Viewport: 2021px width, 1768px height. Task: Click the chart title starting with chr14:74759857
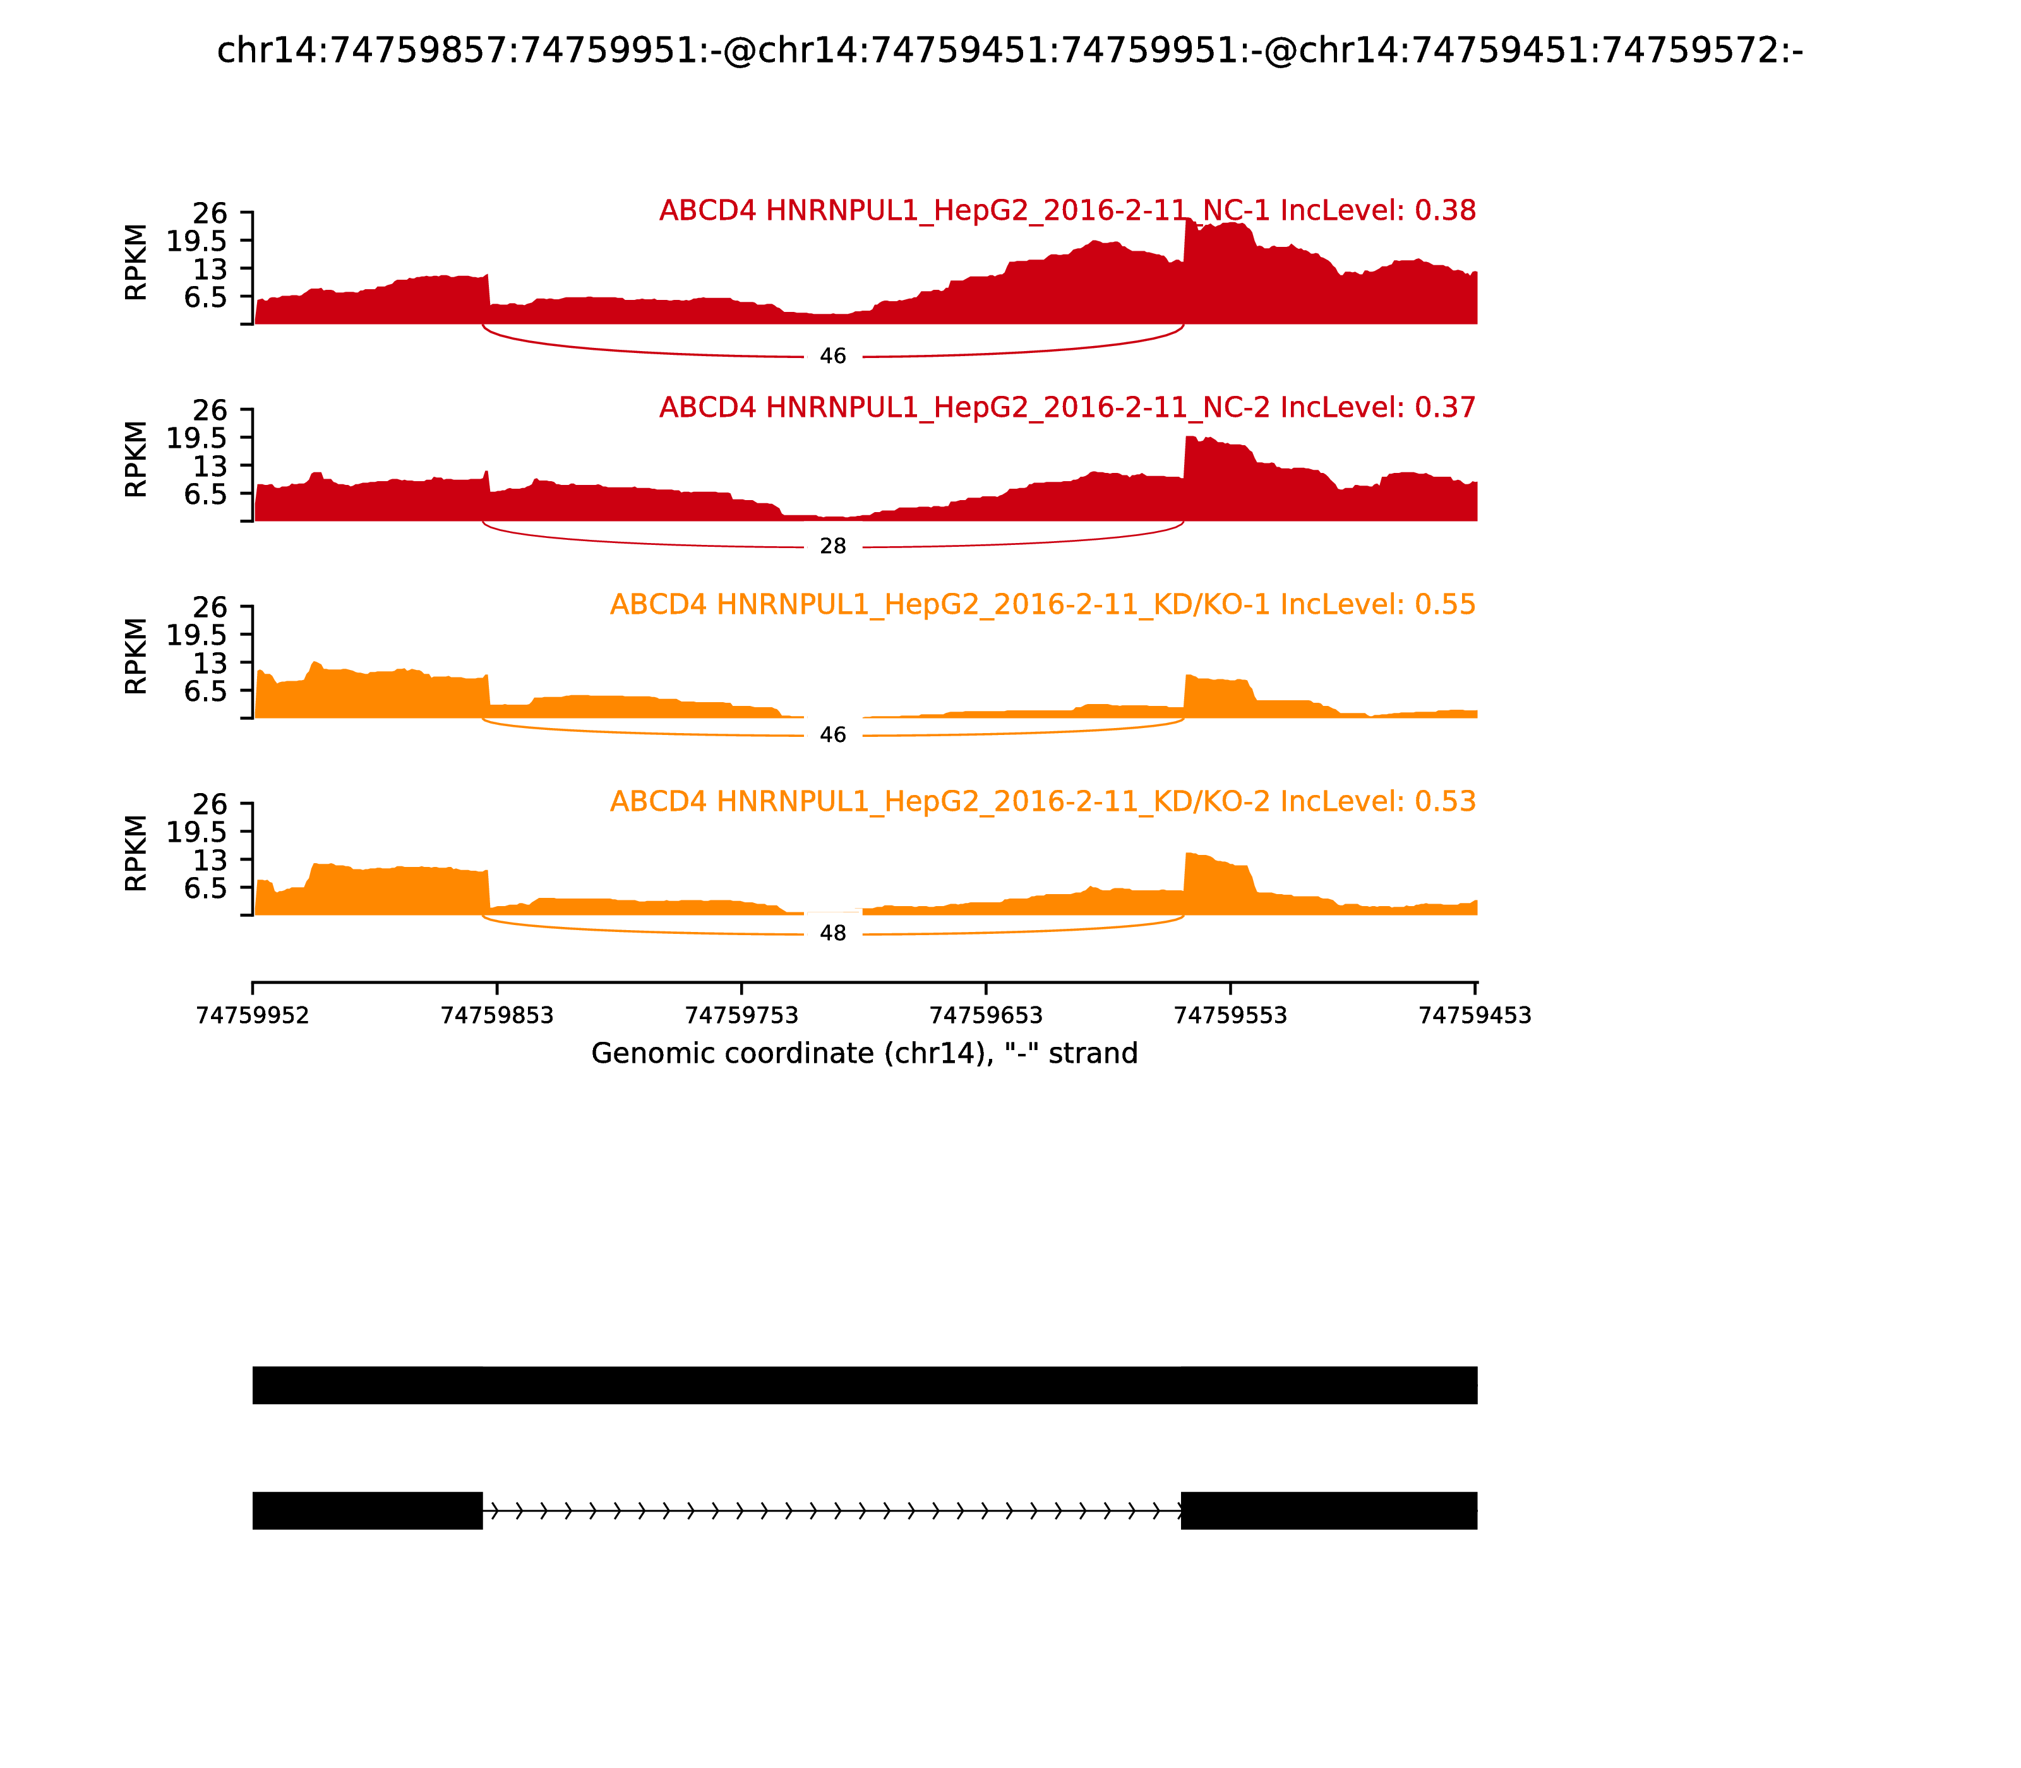1009,51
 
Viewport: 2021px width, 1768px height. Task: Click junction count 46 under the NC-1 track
833,356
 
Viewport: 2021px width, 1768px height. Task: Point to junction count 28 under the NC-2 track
833,547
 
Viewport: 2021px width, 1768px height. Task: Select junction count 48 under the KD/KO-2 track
833,933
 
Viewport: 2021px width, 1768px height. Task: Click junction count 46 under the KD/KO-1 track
833,735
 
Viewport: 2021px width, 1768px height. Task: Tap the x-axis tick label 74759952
253,1015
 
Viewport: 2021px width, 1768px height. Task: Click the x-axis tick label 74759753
741,1015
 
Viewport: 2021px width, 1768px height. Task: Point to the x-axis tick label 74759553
1230,1015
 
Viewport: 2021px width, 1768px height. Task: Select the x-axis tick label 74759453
1474,1015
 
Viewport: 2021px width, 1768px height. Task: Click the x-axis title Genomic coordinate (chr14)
865,1054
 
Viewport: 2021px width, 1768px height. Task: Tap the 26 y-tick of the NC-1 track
209,213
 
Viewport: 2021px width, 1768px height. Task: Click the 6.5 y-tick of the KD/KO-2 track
205,888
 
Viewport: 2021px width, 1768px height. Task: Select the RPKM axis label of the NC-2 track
136,459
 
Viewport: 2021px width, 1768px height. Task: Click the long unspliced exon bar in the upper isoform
865,1385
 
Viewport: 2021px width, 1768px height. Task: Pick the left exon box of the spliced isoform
367,1510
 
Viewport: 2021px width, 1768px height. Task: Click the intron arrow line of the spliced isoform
832,1510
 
